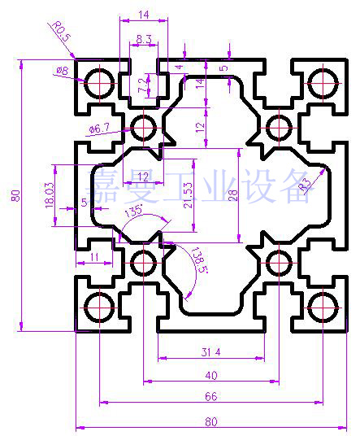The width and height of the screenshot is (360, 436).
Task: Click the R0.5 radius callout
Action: [x=62, y=32]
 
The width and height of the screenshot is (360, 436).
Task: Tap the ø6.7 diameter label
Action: [x=99, y=129]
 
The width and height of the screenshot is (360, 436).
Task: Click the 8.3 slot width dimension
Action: [x=144, y=39]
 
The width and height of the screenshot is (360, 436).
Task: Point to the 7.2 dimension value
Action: [x=142, y=85]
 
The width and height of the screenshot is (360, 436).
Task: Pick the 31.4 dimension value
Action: [x=210, y=352]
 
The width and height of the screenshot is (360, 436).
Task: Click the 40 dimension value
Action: [x=211, y=375]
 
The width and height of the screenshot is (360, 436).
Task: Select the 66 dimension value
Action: [x=210, y=396]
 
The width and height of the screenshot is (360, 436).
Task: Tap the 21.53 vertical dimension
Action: [x=188, y=195]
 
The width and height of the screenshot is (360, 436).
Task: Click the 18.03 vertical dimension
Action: [x=49, y=195]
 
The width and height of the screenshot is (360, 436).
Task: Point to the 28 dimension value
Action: [x=233, y=195]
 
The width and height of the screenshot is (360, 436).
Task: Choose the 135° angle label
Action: [x=133, y=211]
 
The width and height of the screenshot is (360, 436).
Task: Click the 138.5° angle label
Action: [x=200, y=260]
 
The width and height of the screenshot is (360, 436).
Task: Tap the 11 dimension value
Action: [x=94, y=257]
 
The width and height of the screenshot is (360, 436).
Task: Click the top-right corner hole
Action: [x=323, y=83]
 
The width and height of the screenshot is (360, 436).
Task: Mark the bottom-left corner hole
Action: [x=99, y=307]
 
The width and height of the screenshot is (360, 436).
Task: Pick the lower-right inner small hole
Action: [x=279, y=263]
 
